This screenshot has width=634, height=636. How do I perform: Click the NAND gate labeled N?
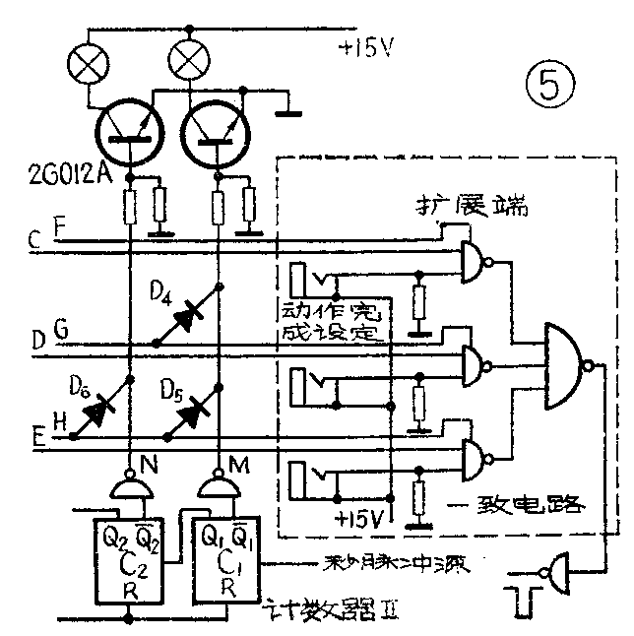click(x=128, y=485)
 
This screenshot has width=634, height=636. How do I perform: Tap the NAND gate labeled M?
click(x=217, y=485)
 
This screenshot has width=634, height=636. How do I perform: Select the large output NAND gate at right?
click(x=566, y=362)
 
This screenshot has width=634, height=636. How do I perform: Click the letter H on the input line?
click(x=59, y=421)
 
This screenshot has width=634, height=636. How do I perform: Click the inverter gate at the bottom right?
click(x=555, y=570)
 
